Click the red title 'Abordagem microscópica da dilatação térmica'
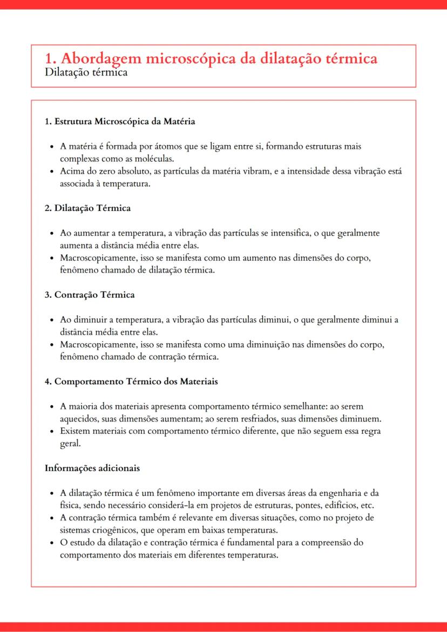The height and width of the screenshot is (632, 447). (218, 58)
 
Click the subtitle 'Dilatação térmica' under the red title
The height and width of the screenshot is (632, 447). (86, 72)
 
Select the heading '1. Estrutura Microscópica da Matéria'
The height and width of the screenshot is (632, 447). (119, 121)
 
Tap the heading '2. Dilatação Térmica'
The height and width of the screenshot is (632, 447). (87, 208)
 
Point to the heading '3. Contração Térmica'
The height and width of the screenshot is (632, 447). (90, 295)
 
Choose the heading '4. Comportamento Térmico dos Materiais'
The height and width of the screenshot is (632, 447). (131, 381)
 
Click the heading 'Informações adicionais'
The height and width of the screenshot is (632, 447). (92, 468)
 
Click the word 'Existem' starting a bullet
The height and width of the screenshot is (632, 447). (75, 431)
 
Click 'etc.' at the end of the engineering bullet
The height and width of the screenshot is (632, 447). (367, 506)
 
